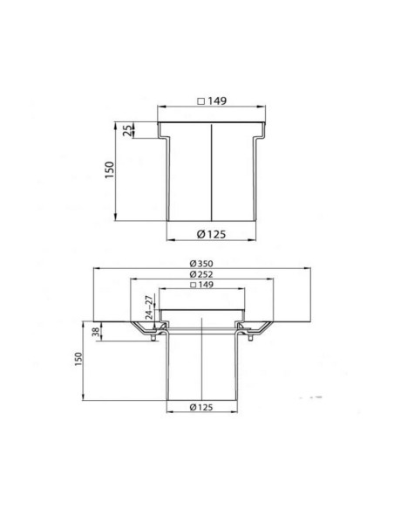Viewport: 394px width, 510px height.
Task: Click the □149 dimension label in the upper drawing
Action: click(212, 101)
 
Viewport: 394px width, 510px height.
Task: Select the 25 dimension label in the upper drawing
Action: click(128, 130)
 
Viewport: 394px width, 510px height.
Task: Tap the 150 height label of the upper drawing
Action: click(110, 169)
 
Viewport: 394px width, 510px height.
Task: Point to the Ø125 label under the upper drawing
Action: click(211, 234)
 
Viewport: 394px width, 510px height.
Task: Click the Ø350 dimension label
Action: click(202, 264)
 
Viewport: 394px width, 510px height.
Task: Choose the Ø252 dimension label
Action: click(202, 274)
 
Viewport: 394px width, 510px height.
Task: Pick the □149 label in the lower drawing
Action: click(202, 285)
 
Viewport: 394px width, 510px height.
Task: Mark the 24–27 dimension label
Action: click(149, 307)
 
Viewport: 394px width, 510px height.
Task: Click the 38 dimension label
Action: click(96, 332)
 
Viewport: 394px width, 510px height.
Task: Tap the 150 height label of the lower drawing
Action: click(78, 360)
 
